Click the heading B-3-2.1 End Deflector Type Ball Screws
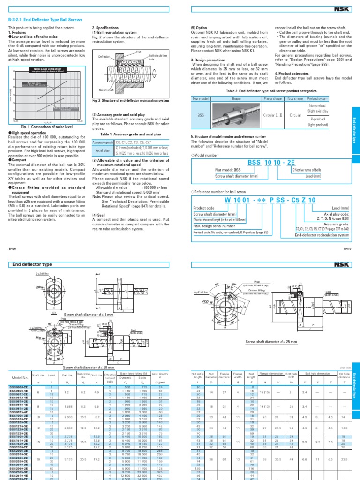[45, 20]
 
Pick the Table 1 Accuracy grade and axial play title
[125, 134]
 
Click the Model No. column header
[18, 378]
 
